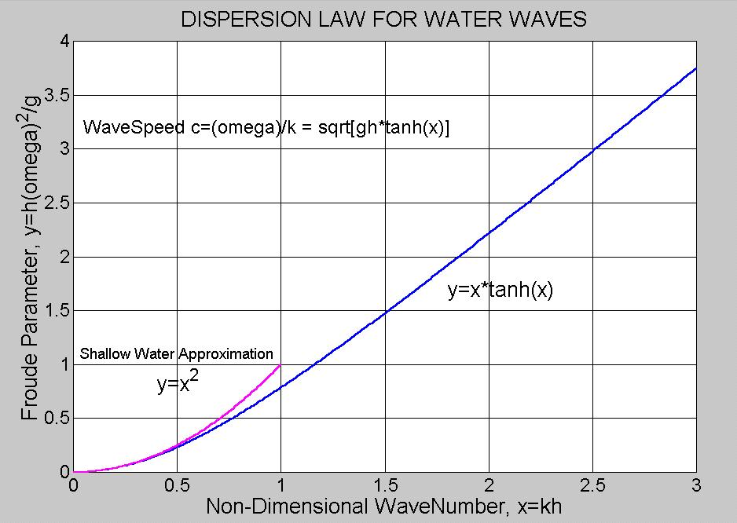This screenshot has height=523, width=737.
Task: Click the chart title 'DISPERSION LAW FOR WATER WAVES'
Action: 383,20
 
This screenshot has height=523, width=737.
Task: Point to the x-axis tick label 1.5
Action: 385,486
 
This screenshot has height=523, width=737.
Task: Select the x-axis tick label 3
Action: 696,486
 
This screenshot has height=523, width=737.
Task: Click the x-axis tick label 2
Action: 489,486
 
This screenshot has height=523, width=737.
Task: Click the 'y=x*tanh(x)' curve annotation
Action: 500,291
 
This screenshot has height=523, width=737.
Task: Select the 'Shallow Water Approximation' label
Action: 177,354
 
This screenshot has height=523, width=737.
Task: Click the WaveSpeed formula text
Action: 266,127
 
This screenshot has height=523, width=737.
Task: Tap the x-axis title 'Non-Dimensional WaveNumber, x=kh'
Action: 383,507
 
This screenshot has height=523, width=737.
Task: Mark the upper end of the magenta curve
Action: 280,365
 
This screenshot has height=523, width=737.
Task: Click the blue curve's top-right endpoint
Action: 696,68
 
